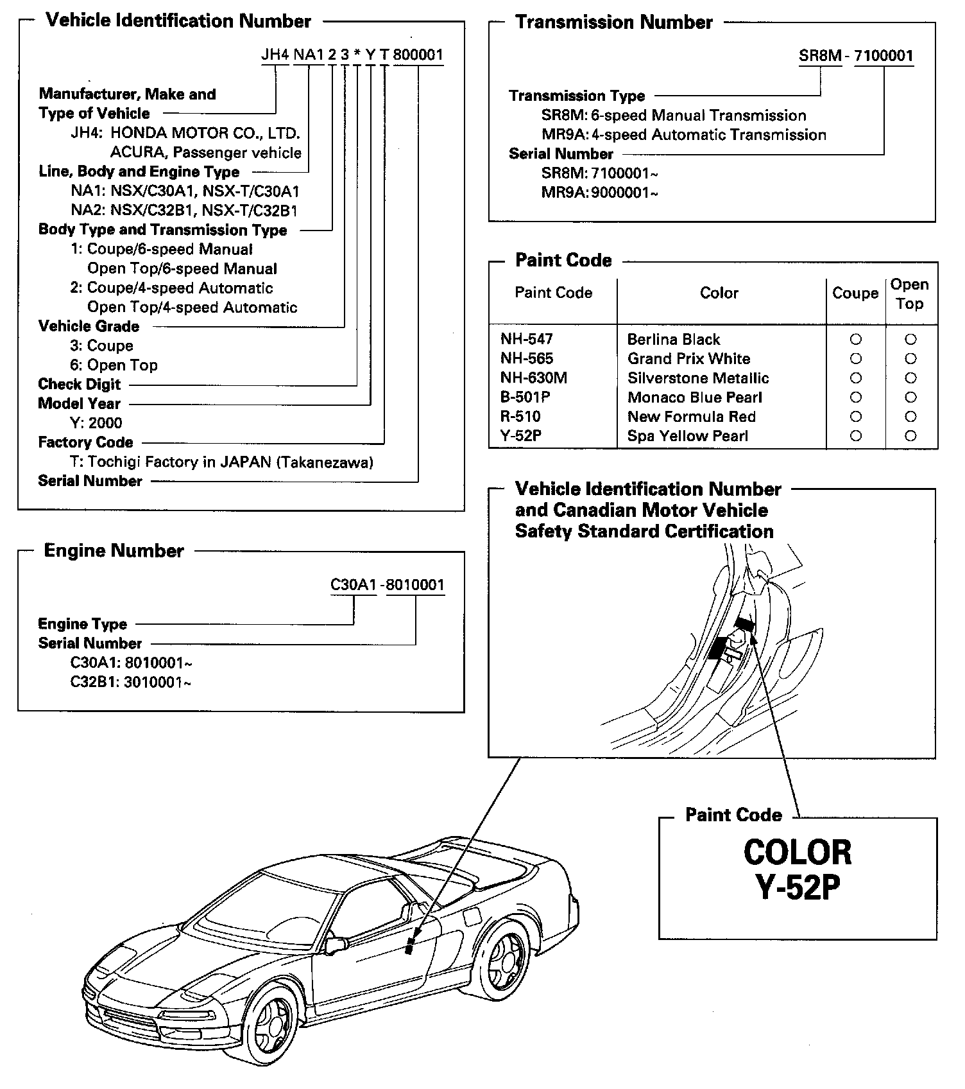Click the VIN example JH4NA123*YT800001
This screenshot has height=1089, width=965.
(352, 55)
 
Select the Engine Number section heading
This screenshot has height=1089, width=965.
(114, 551)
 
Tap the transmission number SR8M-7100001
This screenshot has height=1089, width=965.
(855, 56)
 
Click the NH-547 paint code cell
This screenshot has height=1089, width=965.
(526, 339)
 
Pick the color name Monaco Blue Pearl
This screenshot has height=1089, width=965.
(694, 397)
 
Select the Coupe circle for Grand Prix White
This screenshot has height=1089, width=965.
(855, 359)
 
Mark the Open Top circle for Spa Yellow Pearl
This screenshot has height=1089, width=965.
(910, 436)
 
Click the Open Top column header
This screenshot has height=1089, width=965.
(909, 294)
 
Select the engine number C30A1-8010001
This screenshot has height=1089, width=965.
(387, 585)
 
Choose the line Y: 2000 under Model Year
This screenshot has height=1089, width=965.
(96, 423)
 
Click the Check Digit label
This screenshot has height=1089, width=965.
(79, 385)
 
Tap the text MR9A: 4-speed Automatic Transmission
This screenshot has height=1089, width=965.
(683, 135)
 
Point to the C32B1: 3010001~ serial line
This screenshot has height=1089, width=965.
(130, 682)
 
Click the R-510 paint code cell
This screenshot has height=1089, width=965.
(520, 417)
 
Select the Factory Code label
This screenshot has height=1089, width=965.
(85, 442)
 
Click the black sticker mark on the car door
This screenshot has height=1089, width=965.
(409, 946)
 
